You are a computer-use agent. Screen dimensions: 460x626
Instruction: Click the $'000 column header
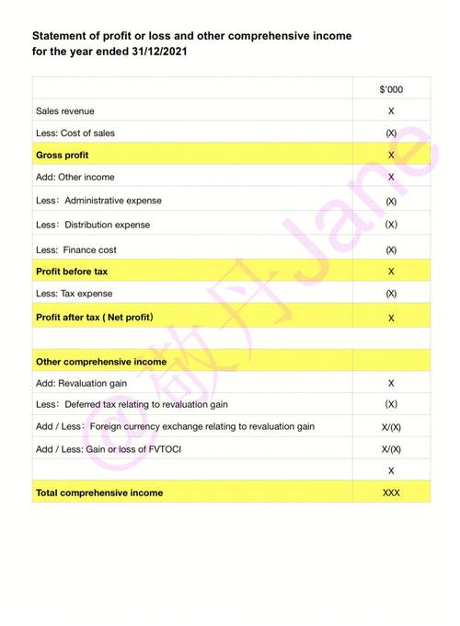[391, 89]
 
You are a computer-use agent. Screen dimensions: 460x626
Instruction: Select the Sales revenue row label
[64, 111]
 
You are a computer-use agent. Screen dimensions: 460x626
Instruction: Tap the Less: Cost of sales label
[75, 133]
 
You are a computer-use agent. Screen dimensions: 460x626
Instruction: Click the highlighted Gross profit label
[63, 155]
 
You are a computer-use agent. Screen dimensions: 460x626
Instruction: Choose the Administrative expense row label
[98, 201]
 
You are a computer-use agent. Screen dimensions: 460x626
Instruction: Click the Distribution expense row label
[93, 225]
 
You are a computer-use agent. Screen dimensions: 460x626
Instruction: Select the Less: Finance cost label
[76, 249]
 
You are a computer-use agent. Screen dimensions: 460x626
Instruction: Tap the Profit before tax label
[72, 272]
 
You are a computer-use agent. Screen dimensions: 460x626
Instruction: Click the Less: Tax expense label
[75, 294]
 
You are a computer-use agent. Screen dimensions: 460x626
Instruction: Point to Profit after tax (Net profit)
[95, 318]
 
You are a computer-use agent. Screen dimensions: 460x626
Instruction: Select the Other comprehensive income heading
[101, 362]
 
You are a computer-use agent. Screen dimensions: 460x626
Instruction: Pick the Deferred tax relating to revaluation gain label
[132, 404]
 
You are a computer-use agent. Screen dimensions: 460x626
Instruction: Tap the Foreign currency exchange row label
[175, 426]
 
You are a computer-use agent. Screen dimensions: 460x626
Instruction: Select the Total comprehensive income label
[99, 493]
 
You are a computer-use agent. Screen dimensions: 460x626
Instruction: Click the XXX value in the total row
[391, 493]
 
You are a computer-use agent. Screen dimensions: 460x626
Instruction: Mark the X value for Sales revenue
[391, 111]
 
